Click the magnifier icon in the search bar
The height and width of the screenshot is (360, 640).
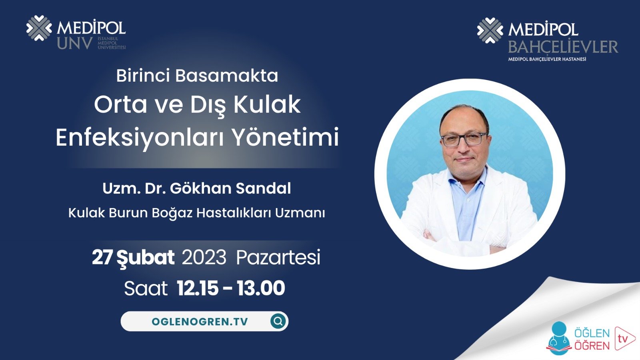point(278,321)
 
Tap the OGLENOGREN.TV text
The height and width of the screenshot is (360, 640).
point(200,322)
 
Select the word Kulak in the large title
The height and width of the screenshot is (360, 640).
point(267,104)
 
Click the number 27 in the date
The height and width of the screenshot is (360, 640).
point(102,257)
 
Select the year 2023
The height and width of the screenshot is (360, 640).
point(204,257)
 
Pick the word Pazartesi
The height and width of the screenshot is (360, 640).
point(278,257)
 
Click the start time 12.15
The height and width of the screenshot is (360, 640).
point(198,288)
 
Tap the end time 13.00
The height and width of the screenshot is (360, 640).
point(261,288)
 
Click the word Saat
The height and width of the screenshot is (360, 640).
point(146,288)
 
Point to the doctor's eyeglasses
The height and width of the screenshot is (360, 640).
point(464,139)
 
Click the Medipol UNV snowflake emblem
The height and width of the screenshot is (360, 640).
point(39,28)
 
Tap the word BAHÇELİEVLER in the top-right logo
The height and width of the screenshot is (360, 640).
point(563,47)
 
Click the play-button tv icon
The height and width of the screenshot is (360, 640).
point(624,338)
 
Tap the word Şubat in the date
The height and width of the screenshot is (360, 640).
point(145,257)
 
